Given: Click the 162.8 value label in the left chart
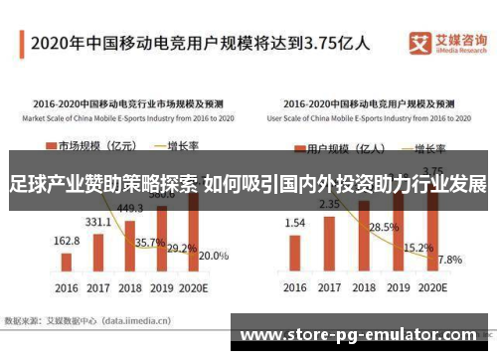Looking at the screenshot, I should [66, 241].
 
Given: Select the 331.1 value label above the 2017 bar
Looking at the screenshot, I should [98, 222].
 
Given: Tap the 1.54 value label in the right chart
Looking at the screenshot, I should [296, 224].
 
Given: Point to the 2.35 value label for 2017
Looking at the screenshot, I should [329, 205].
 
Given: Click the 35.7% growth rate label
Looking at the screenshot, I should [150, 242].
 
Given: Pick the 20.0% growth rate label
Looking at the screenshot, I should [213, 256].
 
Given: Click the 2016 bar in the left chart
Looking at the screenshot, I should [66, 262].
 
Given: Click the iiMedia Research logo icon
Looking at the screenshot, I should [419, 42].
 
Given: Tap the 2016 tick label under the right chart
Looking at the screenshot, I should [295, 288].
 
